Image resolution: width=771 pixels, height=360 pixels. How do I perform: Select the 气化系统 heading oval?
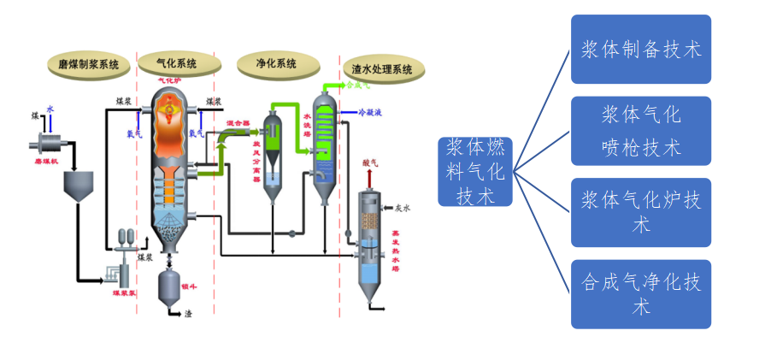coord(176,63)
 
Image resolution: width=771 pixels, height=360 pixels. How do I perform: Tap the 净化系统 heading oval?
coord(276,63)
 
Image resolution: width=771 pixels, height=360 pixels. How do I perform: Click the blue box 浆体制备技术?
coord(640,50)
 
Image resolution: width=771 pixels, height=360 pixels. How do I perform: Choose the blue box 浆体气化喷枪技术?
coord(640,131)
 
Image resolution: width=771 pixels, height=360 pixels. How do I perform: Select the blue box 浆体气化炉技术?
coord(640,212)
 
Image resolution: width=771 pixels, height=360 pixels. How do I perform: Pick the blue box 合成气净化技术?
coord(640,294)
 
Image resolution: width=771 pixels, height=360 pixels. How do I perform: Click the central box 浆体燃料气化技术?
coord(475,172)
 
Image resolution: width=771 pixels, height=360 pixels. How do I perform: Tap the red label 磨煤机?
coord(44,160)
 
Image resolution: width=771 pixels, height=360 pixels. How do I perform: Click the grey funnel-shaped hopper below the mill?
coord(79,186)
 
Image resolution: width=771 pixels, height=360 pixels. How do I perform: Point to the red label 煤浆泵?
coord(124,292)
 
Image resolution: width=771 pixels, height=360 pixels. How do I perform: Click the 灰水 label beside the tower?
coord(403,207)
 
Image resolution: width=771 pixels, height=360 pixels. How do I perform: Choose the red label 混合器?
coord(238,123)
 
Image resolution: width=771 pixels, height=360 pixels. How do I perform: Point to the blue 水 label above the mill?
coord(50,109)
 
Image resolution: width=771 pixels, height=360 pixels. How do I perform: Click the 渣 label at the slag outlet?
coord(188,314)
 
